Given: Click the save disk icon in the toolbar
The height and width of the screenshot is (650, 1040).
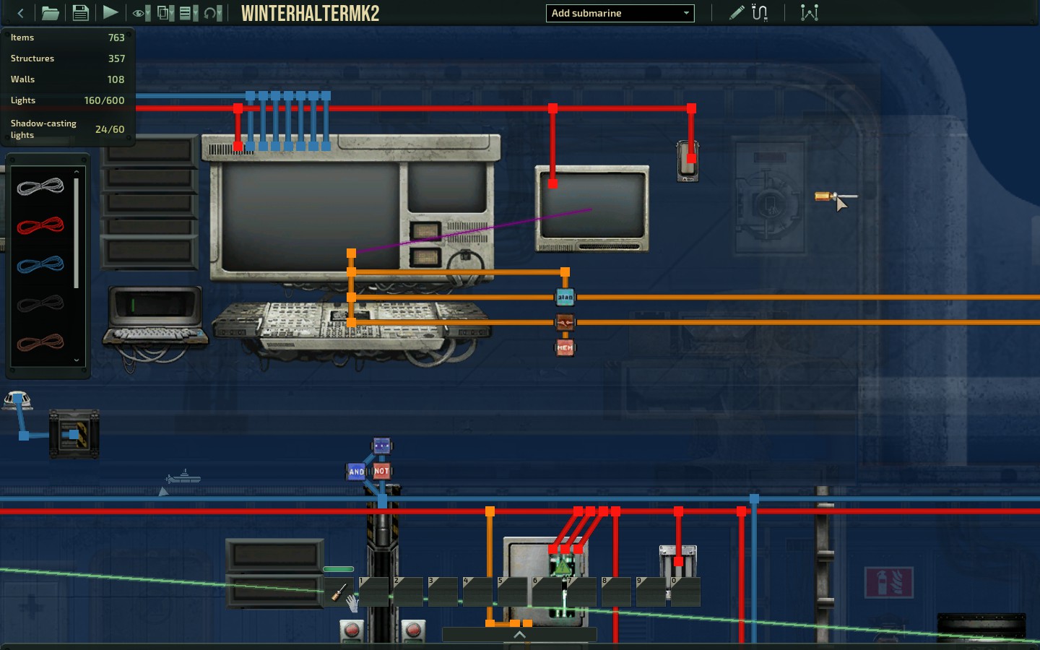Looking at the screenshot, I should (x=80, y=13).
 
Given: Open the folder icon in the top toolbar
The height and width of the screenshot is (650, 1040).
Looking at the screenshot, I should (x=50, y=13).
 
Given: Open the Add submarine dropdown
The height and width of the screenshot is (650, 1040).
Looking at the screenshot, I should (x=620, y=13).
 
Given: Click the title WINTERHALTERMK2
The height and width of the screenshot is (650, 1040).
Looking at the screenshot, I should (x=310, y=13).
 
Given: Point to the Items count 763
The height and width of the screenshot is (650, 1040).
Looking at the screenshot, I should (x=116, y=38).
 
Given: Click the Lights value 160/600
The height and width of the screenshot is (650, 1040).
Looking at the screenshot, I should (x=104, y=100).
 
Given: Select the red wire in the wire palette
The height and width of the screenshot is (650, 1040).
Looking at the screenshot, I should (x=40, y=226).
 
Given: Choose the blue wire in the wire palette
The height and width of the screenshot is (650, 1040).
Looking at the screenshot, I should (x=40, y=265).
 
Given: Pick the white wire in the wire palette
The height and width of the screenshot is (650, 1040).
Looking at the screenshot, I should (x=40, y=187).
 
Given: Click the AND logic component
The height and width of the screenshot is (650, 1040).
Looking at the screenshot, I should (x=357, y=472).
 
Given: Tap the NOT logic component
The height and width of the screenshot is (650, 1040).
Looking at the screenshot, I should (x=382, y=471).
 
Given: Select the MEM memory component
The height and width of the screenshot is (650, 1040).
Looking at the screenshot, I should (x=565, y=348).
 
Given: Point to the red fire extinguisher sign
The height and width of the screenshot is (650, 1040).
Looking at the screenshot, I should (x=888, y=582).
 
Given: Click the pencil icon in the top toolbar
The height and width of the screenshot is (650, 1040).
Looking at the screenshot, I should (x=736, y=13).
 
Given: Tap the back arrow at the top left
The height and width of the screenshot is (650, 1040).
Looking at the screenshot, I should (x=20, y=13).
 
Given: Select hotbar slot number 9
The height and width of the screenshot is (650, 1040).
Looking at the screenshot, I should (x=651, y=592).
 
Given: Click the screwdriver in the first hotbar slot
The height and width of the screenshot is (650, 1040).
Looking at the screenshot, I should (x=339, y=592).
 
